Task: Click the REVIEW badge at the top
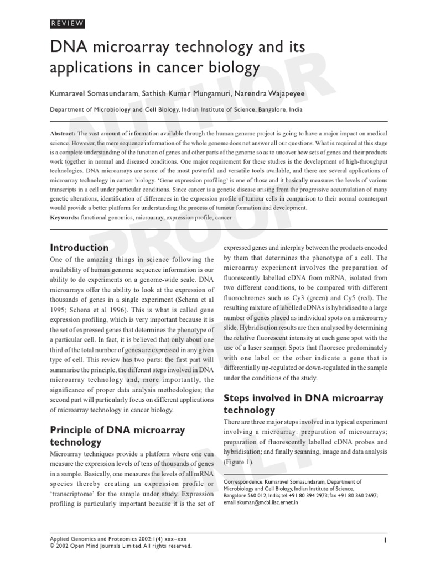(x=68, y=23)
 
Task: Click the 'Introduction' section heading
(x=79, y=248)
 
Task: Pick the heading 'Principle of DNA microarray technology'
(x=117, y=436)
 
